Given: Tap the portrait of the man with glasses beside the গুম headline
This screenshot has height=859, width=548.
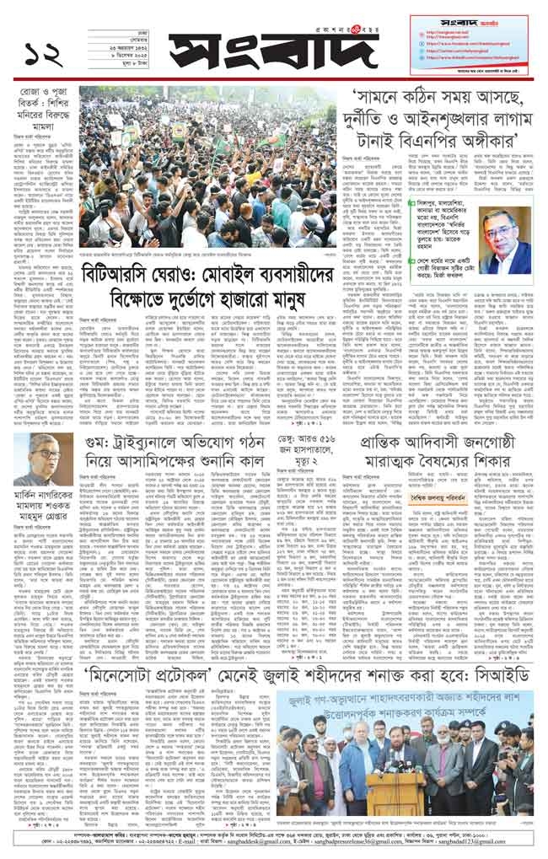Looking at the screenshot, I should (x=42, y=461).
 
